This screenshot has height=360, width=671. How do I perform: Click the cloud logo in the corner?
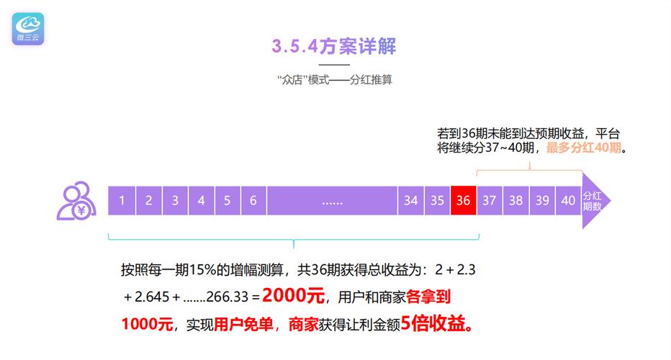[28, 29]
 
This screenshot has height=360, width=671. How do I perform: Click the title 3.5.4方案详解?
[334, 46]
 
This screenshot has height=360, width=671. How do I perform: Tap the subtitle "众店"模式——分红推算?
[334, 80]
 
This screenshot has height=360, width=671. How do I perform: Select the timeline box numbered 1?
[122, 200]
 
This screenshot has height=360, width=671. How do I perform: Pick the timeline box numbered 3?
[175, 200]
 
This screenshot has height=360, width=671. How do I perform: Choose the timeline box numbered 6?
[253, 200]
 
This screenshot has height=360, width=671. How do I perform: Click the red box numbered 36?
[464, 200]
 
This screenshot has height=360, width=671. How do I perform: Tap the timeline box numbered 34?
[411, 200]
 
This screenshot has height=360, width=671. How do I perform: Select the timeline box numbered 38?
[515, 200]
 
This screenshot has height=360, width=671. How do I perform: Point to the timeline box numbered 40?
[568, 200]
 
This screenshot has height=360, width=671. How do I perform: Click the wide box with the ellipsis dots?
[332, 200]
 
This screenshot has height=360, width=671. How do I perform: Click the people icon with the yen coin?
[76, 201]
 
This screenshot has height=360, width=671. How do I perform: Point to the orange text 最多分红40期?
[584, 148]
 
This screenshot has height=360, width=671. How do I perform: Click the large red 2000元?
[294, 295]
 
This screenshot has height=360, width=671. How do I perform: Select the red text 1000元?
[147, 324]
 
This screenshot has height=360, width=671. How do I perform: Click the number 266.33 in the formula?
[228, 297]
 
